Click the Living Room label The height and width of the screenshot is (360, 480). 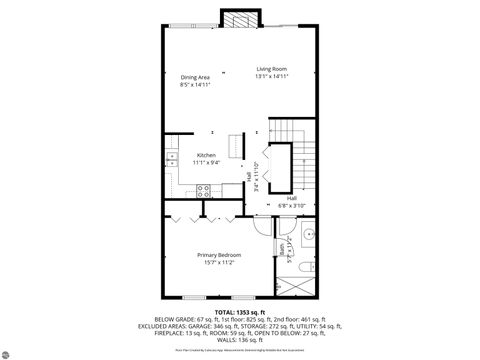pos(272,69)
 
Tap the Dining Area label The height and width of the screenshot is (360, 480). pos(195,77)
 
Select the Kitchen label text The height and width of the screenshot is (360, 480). pos(206,155)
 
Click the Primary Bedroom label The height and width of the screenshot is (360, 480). pos(216,255)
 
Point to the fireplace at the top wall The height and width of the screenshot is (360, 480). pos(237,19)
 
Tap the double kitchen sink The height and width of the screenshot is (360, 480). pos(172,157)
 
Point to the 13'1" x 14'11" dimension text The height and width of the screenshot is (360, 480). pos(272,77)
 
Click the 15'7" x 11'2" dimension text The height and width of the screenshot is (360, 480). pos(216,263)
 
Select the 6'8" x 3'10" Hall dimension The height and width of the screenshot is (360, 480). pos(291,205)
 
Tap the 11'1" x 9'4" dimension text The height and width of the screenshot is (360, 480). pos(206,162)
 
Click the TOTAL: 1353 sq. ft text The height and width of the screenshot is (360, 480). pos(238,312)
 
